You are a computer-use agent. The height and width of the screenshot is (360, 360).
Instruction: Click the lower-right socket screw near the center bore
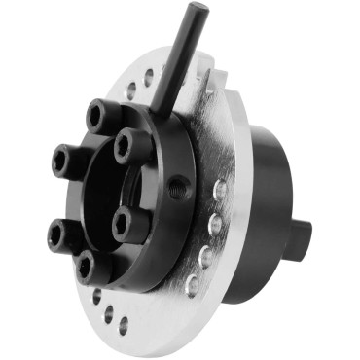point(122,227)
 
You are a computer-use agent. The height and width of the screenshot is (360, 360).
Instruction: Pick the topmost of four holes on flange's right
point(221,190)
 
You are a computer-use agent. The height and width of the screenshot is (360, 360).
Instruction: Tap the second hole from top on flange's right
point(217,225)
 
